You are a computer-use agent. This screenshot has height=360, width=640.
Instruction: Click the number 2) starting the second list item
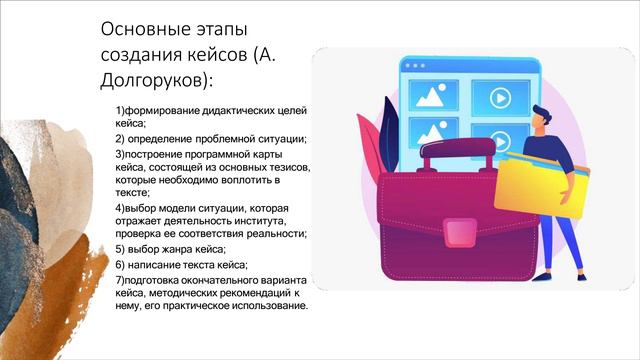point(120,139)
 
